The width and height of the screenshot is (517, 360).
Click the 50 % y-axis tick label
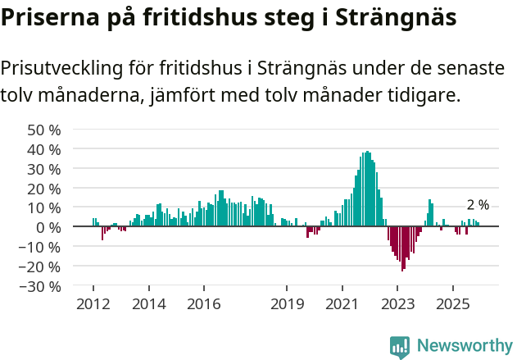click(x=44, y=130)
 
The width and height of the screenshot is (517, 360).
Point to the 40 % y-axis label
click(x=44, y=149)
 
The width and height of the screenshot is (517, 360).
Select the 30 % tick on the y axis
click(x=44, y=169)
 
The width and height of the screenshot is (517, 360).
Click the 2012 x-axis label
click(x=93, y=304)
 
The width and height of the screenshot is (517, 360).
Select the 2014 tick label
click(x=148, y=304)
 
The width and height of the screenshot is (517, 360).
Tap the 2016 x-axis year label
click(x=203, y=304)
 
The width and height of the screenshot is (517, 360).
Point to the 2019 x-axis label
click(x=287, y=304)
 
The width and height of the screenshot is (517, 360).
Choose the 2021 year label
click(x=342, y=304)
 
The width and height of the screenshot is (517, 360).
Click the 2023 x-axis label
click(x=397, y=304)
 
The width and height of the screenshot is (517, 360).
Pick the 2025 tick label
click(x=452, y=304)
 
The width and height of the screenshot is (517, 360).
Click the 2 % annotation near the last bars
click(x=478, y=205)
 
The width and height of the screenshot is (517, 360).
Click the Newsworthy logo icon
click(x=400, y=347)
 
